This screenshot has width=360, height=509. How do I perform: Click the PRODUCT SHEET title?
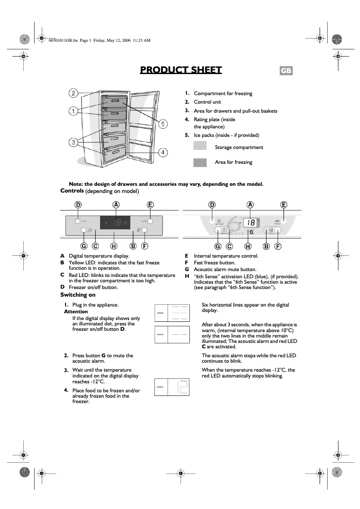(x=180, y=70)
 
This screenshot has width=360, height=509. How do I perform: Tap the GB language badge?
(x=286, y=71)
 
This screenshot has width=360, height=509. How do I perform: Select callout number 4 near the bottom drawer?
(x=163, y=153)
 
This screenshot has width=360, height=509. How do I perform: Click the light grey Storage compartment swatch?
(x=200, y=145)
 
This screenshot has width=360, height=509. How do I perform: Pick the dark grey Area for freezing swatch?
(x=200, y=162)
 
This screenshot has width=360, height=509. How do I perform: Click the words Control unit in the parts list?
(x=207, y=102)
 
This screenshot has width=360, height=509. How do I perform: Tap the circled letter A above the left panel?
(x=116, y=205)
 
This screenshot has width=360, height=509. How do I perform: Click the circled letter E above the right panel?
(x=284, y=205)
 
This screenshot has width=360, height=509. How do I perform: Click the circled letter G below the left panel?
(x=83, y=246)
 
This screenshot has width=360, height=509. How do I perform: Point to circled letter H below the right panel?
(x=248, y=246)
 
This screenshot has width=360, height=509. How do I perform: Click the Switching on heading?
(x=78, y=295)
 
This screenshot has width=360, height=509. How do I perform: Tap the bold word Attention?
(x=76, y=312)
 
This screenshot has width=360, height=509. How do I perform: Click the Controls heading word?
(x=72, y=191)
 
